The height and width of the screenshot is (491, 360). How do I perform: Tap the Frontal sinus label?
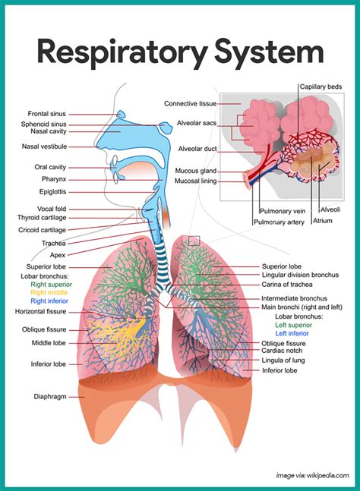(x=46, y=114)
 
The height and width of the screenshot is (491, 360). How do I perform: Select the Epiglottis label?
(x=52, y=192)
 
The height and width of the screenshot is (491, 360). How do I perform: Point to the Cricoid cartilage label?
(x=42, y=230)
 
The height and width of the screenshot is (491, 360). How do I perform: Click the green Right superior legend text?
(x=51, y=285)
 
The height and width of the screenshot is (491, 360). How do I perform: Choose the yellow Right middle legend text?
(x=49, y=292)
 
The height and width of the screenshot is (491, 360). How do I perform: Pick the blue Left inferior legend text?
(x=292, y=333)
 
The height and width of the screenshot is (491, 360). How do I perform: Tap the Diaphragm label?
(x=50, y=396)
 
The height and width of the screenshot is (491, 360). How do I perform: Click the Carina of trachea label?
(x=287, y=285)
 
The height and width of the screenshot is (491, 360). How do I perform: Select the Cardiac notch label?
(x=282, y=351)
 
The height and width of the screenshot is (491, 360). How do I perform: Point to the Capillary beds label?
(x=321, y=87)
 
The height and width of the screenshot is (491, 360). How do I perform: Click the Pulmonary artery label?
(x=279, y=222)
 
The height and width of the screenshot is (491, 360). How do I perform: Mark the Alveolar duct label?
(x=197, y=149)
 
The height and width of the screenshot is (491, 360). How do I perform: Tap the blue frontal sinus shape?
(x=121, y=115)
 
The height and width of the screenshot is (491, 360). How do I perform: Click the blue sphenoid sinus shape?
(x=166, y=127)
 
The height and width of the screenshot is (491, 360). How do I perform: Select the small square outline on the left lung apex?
(x=194, y=241)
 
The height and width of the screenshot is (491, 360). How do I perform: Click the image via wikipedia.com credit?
(x=312, y=475)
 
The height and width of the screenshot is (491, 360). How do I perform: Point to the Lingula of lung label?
(x=283, y=360)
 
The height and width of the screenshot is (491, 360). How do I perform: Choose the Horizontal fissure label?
(x=41, y=311)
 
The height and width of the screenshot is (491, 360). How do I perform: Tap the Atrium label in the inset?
(x=322, y=221)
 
